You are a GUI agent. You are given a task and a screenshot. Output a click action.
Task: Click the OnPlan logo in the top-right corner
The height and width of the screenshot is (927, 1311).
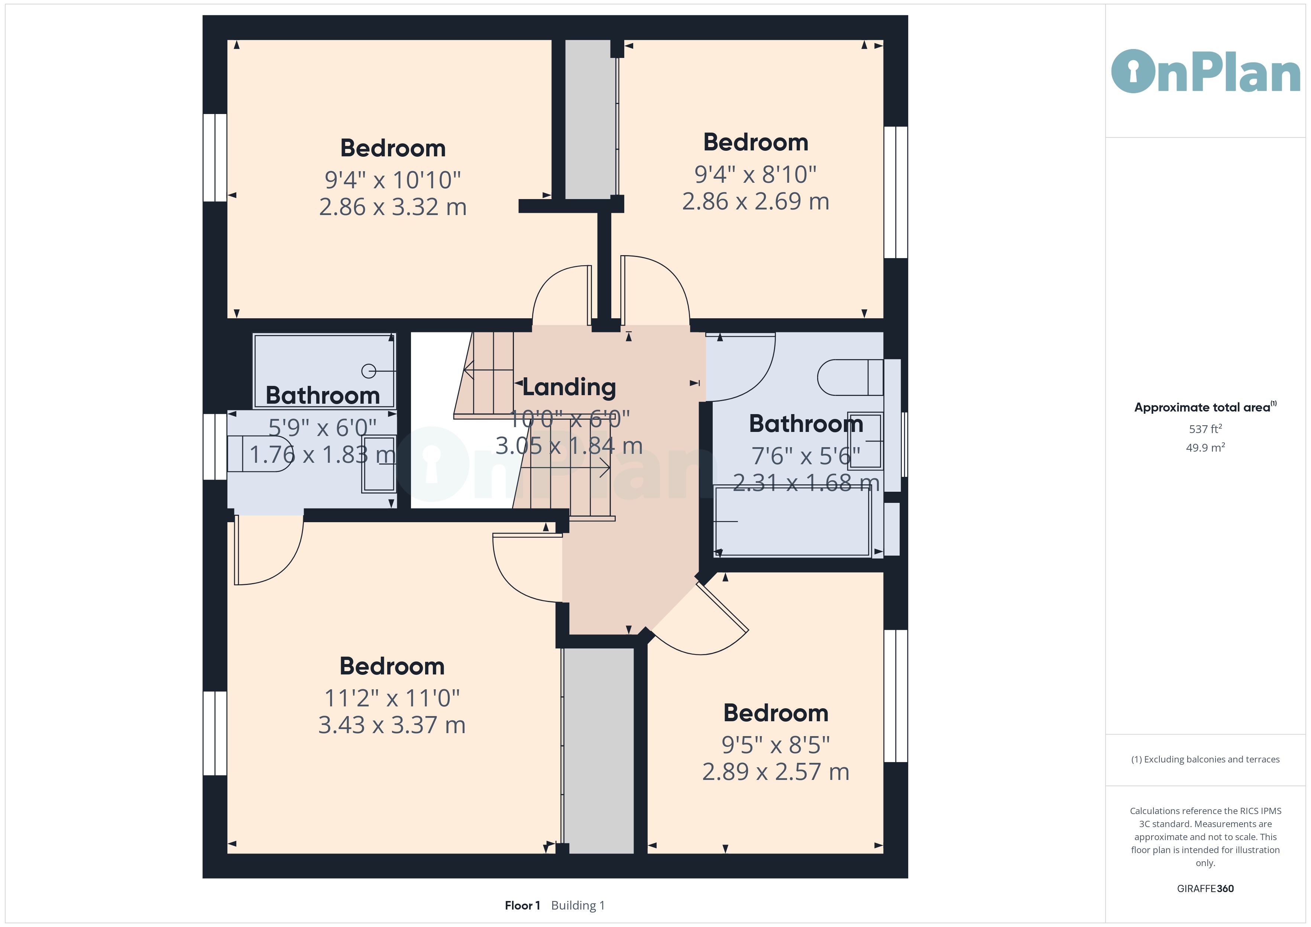pyautogui.click(x=1205, y=71)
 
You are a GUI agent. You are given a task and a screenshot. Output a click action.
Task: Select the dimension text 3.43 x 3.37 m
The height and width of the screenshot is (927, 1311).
pyautogui.click(x=392, y=725)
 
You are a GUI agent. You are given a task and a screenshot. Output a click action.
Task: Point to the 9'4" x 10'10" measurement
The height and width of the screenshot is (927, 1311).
pyautogui.click(x=392, y=180)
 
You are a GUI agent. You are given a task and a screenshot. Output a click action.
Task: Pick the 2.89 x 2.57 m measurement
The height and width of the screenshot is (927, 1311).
pyautogui.click(x=776, y=772)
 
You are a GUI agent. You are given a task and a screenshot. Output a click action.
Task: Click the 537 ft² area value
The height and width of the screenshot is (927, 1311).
pyautogui.click(x=1205, y=429)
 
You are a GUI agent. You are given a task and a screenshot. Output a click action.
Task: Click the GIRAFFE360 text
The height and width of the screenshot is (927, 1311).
pyautogui.click(x=1205, y=889)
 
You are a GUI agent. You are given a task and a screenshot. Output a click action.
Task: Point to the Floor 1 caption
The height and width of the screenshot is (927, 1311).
pyautogui.click(x=522, y=905)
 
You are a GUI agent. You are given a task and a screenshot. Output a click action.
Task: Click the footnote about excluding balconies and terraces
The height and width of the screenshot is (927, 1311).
pyautogui.click(x=1205, y=759)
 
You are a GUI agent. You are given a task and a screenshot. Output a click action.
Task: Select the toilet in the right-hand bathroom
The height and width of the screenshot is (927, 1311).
pyautogui.click(x=850, y=377)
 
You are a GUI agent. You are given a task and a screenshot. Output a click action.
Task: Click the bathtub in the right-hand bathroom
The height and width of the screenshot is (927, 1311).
pyautogui.click(x=793, y=521)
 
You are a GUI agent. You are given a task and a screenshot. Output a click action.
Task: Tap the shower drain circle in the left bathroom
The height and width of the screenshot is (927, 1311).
pyautogui.click(x=369, y=371)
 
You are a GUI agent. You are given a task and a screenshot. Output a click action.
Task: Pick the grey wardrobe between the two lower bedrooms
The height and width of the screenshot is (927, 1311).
pyautogui.click(x=598, y=751)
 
